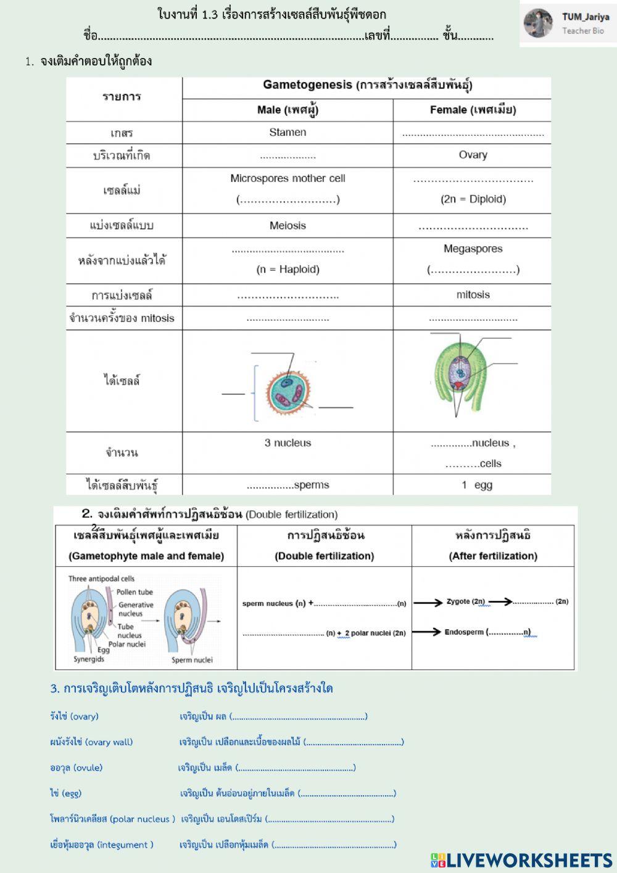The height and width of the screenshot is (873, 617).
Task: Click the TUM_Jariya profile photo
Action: pos(538,23)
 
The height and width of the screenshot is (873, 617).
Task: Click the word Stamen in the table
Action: pos(288,132)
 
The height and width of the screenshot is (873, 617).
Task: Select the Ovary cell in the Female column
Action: pos(473,155)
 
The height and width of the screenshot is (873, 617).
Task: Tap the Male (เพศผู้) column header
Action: pos(288,110)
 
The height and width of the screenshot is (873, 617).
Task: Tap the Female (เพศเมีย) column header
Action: pos(473,110)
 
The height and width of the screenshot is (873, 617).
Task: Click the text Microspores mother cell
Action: pos(288,178)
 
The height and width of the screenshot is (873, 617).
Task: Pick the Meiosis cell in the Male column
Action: pos(288,225)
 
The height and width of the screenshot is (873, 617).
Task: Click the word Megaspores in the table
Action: pos(473,249)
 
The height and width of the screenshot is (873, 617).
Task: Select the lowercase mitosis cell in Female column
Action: pos(473,294)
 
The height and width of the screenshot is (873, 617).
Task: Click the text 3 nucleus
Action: pos(288,443)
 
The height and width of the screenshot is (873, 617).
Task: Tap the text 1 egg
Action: pos(477,485)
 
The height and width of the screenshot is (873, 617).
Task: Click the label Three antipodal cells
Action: pos(101,579)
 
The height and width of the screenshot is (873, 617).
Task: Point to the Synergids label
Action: pos(89,659)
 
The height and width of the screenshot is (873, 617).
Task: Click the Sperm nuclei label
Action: pos(192,660)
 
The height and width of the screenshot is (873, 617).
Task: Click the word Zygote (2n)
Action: pos(466,602)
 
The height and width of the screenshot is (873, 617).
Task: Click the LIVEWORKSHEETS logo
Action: pos(521,860)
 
